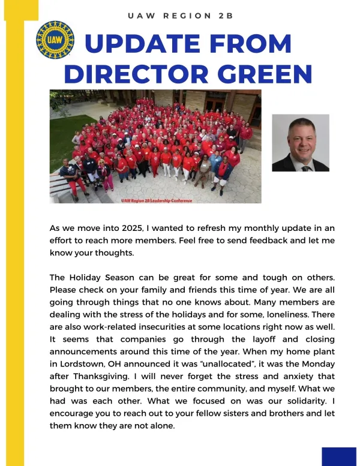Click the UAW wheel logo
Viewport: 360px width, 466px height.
pos(55,40)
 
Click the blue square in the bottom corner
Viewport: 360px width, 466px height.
pos(338,456)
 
